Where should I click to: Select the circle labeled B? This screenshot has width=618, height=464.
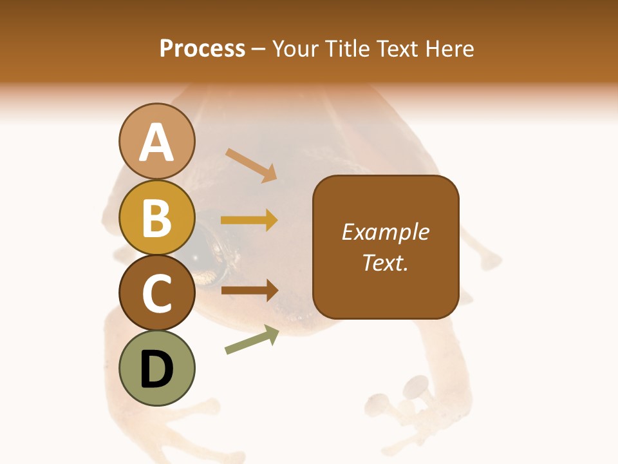[156, 218]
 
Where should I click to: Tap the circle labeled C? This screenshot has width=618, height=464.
[156, 293]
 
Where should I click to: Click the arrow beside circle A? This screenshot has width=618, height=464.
[251, 165]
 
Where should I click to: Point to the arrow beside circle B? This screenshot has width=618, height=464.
[249, 220]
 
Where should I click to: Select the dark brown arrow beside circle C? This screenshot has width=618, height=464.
[249, 290]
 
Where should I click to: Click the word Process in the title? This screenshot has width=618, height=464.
[202, 49]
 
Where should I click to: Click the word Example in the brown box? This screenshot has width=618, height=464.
[386, 232]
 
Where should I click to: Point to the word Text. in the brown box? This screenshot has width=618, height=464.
[386, 262]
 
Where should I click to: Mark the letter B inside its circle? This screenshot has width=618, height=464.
[156, 218]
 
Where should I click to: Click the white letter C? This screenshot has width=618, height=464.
[156, 293]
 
